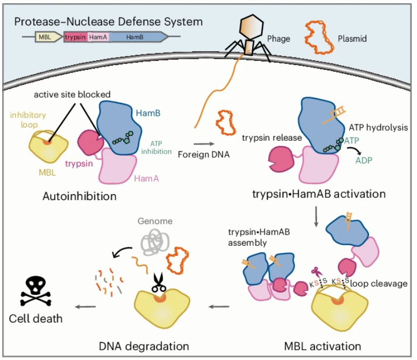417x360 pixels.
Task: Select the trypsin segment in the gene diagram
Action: click(x=75, y=37)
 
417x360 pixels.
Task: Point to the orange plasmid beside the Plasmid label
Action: click(x=319, y=37)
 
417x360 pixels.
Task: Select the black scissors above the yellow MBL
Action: click(x=158, y=283)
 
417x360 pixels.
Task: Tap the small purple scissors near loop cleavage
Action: click(x=316, y=272)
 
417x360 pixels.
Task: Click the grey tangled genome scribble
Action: click(x=155, y=242)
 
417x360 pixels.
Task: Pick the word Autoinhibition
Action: click(x=79, y=196)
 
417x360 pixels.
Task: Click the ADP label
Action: click(x=364, y=160)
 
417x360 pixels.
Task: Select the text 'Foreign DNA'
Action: click(x=204, y=155)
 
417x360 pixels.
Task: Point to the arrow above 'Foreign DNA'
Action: click(x=204, y=144)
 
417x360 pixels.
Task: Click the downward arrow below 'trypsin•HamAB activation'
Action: click(x=316, y=217)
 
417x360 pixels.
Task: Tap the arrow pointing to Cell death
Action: click(x=85, y=307)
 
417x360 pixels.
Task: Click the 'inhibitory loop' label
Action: click(x=28, y=120)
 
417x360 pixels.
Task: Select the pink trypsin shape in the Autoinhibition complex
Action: click(x=91, y=142)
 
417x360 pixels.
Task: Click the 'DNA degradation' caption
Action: click(x=144, y=346)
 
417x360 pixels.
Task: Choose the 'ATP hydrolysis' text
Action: click(x=378, y=127)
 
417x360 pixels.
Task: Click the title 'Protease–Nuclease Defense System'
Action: click(x=108, y=21)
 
